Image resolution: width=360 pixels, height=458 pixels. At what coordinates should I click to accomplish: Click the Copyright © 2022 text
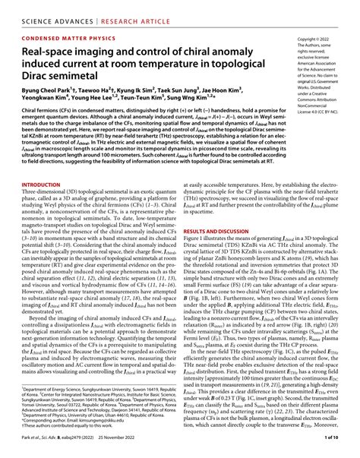point(317,38)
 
